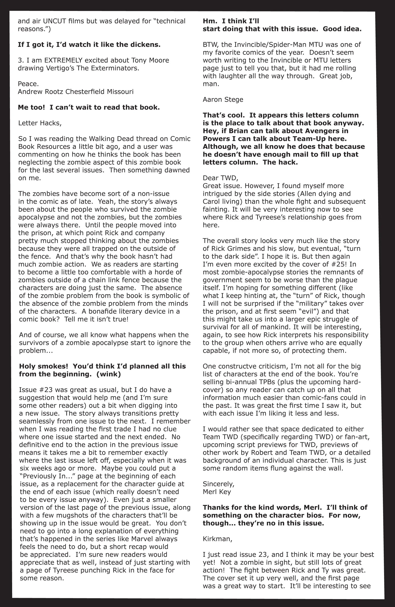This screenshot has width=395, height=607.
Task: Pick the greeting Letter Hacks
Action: coord(40,123)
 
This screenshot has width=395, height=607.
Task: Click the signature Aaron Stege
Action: coord(223,100)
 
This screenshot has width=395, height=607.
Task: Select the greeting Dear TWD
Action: coord(220,178)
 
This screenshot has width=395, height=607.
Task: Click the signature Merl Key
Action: coord(217,492)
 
